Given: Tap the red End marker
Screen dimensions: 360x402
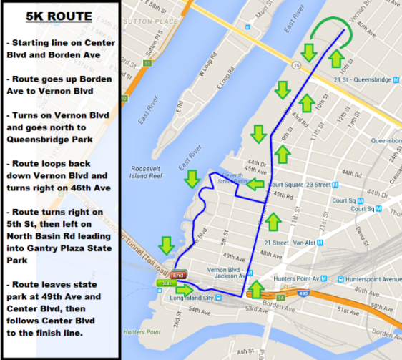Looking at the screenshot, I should tap(179, 275).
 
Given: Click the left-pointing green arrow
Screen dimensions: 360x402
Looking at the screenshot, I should tap(255, 185).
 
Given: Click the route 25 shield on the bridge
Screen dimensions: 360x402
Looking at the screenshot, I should tap(146, 63).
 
